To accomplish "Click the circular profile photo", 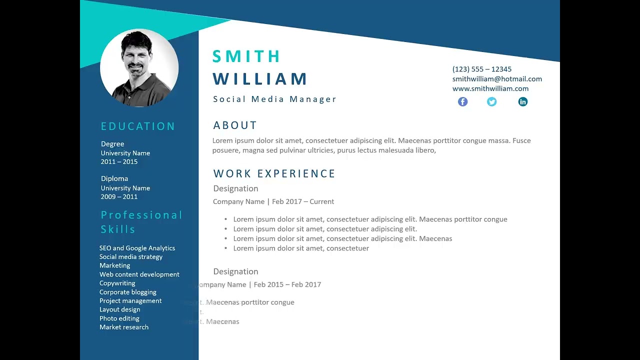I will (139, 68).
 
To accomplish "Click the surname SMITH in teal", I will (246, 56).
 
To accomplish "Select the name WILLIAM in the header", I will (260, 79).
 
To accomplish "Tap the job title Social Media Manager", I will (274, 99).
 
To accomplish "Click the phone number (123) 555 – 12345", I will (481, 69).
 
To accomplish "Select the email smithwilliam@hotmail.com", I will (497, 78).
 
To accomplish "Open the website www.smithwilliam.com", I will (490, 88).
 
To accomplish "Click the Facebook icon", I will (462, 101).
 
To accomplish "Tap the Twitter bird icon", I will (491, 101).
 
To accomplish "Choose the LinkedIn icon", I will (522, 101).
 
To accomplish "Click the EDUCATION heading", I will (138, 126).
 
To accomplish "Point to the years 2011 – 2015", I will (119, 161).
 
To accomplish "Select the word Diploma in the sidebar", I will (114, 178).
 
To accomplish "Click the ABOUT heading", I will (235, 125).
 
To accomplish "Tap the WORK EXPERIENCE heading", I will (274, 173).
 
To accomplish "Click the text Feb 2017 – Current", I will (303, 201).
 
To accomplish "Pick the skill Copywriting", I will (117, 283).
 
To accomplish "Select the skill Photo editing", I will (119, 318).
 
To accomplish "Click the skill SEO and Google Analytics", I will (137, 248).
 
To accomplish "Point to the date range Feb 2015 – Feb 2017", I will (287, 284).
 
